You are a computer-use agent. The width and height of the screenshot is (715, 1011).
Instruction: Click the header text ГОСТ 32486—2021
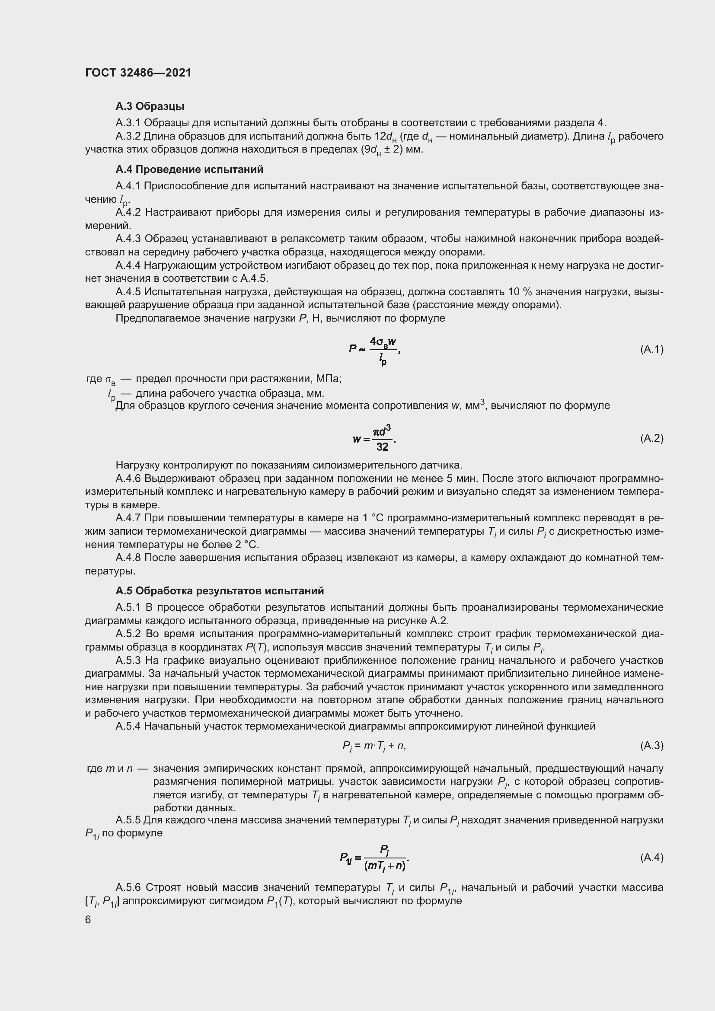coord(138,73)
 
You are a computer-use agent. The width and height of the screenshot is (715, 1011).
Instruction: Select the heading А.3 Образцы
coord(150,106)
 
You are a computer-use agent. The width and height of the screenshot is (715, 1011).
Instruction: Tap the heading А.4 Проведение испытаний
coord(189,169)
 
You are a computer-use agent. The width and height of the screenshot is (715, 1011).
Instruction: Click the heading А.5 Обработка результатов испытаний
coord(220,590)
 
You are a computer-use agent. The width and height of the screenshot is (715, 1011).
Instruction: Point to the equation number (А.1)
coord(651,349)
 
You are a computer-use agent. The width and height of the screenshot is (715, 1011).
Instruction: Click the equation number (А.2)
coord(651,438)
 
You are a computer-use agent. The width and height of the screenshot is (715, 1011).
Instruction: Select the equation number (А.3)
coord(651,745)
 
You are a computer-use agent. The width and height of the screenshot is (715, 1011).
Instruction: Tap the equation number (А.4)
coord(651,857)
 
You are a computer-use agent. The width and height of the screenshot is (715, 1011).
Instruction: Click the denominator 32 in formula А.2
coord(382,447)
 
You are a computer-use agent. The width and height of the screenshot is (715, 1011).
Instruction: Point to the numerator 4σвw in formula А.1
coord(383,341)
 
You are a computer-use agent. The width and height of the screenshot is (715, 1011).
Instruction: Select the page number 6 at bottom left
coord(88,919)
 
